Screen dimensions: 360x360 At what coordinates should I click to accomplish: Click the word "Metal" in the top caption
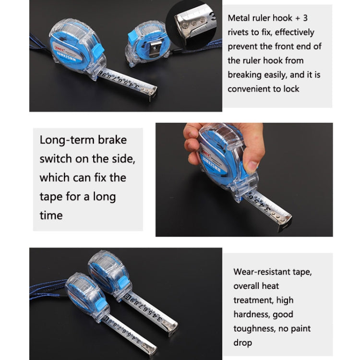[x=239, y=18]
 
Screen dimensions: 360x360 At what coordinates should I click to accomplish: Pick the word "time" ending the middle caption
[x=51, y=215]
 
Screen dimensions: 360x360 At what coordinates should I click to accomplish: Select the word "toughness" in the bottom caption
[x=254, y=329]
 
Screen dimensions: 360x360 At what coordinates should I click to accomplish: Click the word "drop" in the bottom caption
[x=243, y=343]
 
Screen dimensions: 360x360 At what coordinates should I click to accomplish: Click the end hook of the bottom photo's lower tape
[x=153, y=352]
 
